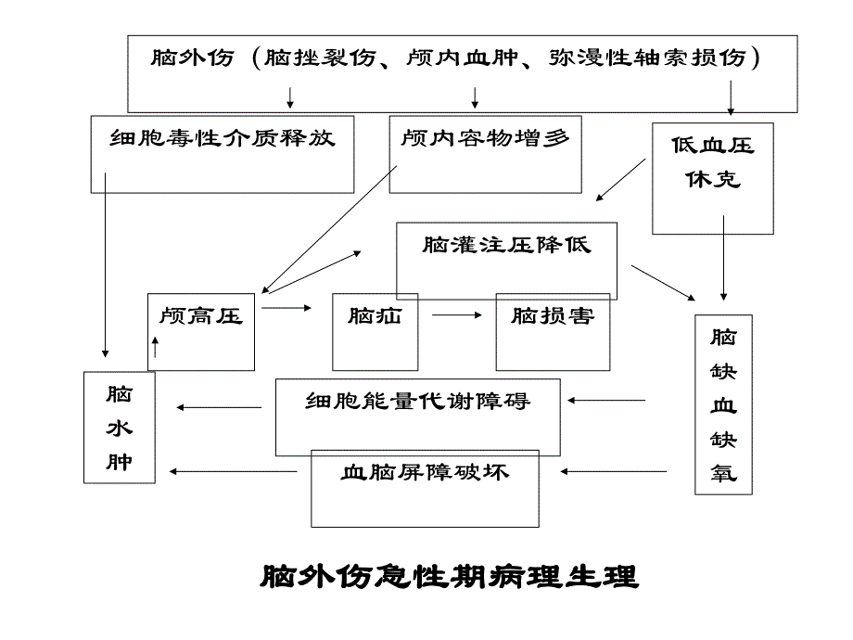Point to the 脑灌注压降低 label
click(x=506, y=246)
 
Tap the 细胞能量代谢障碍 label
click(x=418, y=402)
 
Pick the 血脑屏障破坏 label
click(x=426, y=472)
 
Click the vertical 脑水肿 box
click(x=119, y=428)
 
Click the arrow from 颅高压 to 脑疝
click(x=287, y=306)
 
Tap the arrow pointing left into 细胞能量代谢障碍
click(x=607, y=401)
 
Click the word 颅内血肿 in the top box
click(x=444, y=58)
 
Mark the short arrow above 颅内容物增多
click(x=476, y=96)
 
